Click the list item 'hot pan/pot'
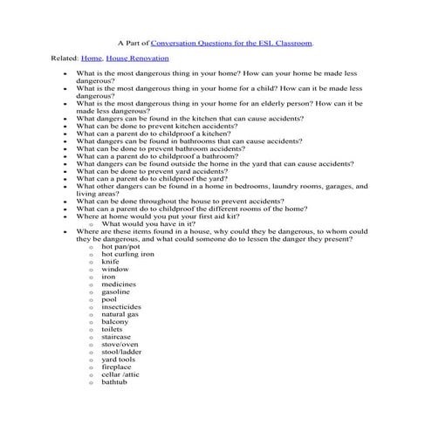pos(120,247)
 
